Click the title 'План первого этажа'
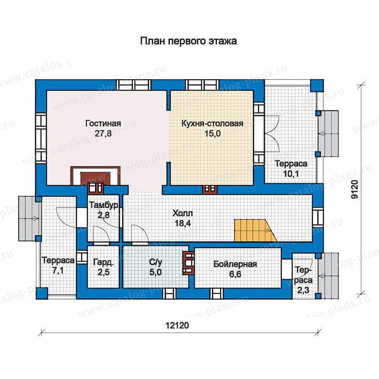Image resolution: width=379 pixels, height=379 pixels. (x=188, y=41)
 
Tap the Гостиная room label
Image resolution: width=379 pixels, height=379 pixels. (x=103, y=123)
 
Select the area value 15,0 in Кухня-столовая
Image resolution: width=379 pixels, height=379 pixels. (x=213, y=133)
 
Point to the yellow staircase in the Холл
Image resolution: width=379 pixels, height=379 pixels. (x=255, y=230)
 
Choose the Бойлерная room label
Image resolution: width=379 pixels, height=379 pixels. (x=235, y=264)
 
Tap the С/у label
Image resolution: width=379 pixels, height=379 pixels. (x=155, y=262)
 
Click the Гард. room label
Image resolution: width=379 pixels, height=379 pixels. (x=103, y=262)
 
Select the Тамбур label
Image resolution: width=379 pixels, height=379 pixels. (x=104, y=205)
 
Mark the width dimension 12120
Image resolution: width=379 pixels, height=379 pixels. (x=177, y=326)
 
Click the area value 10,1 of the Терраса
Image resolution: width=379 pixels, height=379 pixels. (x=291, y=174)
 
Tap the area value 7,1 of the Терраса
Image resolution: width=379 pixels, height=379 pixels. (x=58, y=270)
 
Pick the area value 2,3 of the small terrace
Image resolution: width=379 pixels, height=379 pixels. (x=303, y=290)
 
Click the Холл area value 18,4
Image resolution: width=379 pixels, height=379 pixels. (x=183, y=223)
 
